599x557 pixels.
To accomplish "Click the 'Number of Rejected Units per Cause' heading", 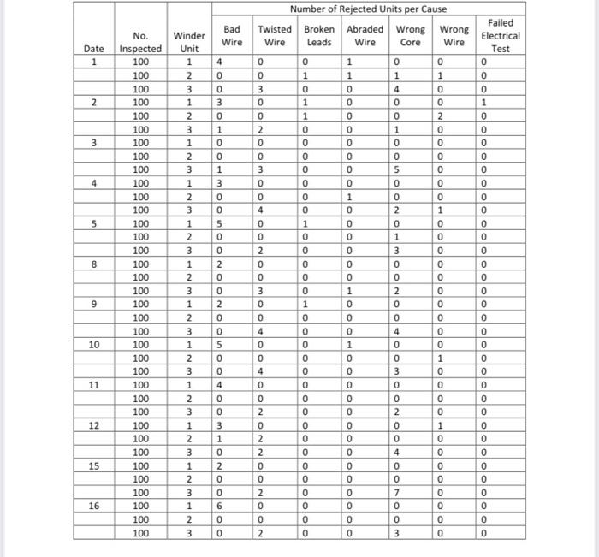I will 368,9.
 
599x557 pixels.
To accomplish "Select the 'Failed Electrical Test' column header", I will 501,35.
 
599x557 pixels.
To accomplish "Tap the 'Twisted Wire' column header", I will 275,35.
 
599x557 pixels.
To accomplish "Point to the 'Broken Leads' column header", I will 318,35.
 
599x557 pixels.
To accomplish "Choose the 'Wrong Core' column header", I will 411,35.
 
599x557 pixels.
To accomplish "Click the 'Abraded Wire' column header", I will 365,35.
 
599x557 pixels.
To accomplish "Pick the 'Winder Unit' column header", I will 189,42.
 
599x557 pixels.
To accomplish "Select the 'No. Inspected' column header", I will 139,42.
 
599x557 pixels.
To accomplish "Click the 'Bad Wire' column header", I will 232,35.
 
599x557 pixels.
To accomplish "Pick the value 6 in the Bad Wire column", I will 219,507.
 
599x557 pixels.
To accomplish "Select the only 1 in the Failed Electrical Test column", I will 483,103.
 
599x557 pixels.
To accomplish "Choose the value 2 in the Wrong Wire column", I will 439,116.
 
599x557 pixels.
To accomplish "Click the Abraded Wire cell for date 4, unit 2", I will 348,197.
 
